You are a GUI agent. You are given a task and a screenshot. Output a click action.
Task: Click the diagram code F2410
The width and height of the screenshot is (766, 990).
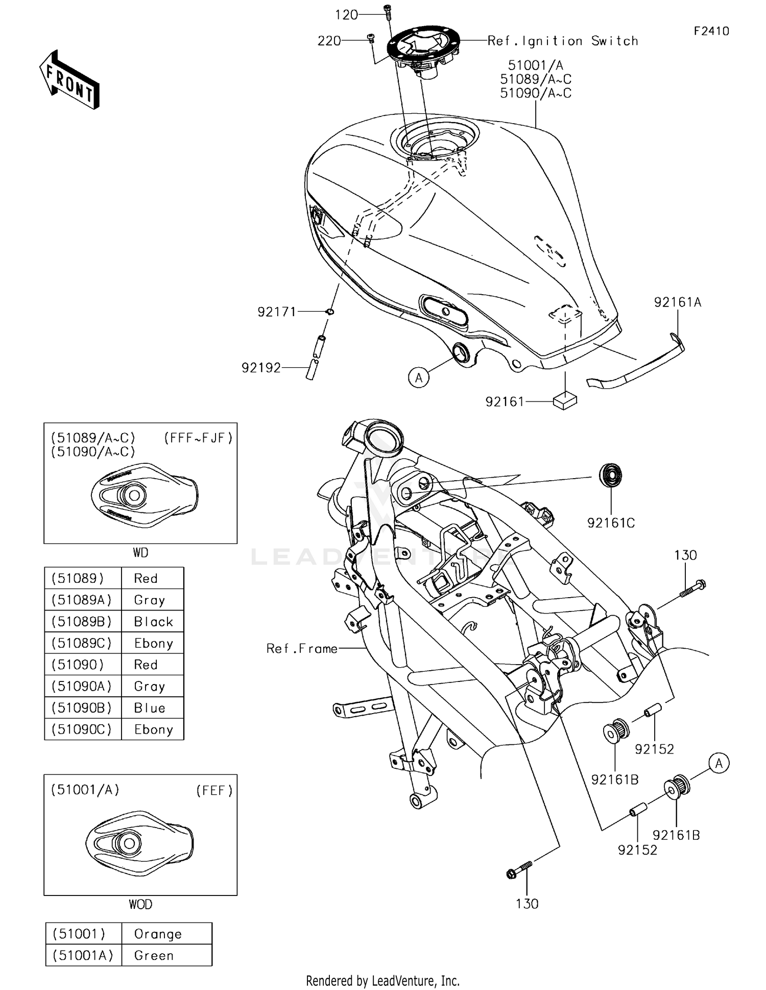(x=711, y=31)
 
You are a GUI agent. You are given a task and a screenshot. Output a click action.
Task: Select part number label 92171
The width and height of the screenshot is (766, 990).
(x=276, y=312)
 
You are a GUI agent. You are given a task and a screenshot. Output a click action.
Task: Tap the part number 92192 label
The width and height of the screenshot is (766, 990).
(x=261, y=368)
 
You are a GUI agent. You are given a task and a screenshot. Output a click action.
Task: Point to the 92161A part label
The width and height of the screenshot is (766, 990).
(x=678, y=302)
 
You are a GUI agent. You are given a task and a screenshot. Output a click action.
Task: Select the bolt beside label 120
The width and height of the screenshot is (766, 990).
(x=388, y=11)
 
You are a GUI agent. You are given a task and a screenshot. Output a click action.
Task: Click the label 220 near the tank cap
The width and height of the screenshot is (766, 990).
(x=329, y=41)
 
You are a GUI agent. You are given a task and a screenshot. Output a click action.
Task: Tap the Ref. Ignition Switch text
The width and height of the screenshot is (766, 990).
(x=563, y=41)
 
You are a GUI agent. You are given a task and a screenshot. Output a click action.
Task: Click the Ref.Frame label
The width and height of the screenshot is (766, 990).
(x=302, y=649)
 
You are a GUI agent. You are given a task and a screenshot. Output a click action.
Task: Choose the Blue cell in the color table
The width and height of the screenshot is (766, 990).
(x=150, y=708)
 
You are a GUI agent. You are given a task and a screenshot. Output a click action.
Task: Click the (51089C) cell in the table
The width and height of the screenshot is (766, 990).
(x=82, y=643)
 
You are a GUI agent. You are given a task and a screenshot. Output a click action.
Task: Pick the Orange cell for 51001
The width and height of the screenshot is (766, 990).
(x=158, y=934)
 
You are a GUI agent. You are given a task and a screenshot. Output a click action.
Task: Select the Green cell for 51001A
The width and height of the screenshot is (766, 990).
(x=154, y=955)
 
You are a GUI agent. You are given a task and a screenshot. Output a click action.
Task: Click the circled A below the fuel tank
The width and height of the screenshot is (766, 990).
(x=419, y=378)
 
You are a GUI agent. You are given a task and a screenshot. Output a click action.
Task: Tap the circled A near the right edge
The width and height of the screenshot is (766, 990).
(x=719, y=763)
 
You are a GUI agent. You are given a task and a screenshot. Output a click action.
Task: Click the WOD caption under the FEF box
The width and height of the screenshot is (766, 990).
(x=140, y=904)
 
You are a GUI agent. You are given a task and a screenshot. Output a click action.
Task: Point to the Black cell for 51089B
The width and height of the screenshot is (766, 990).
(x=153, y=622)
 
